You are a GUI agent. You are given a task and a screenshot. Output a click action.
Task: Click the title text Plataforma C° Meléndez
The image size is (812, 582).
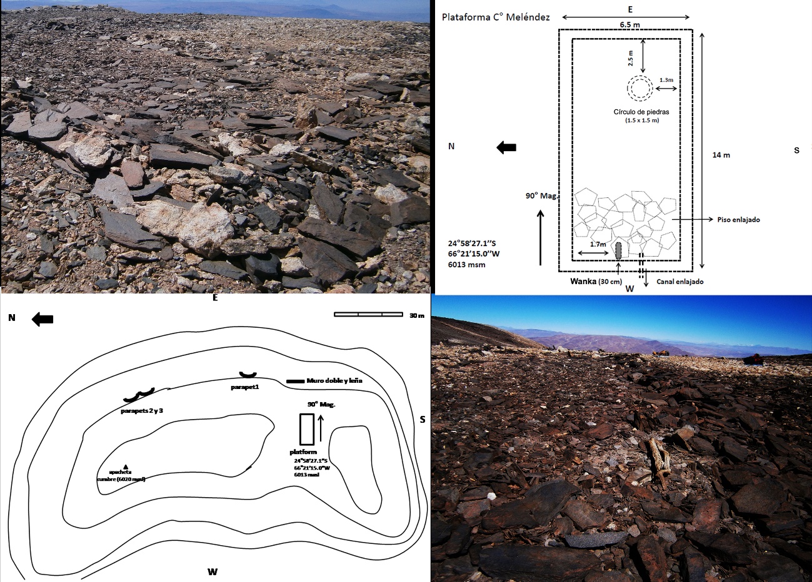pyautogui.click(x=496, y=17)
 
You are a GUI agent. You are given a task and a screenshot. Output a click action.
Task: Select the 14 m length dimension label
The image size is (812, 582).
pyautogui.click(x=721, y=155)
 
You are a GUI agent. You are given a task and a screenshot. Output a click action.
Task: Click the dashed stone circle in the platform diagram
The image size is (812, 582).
pyautogui.click(x=640, y=89)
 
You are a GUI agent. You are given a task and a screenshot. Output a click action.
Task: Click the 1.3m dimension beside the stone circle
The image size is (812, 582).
pyautogui.click(x=666, y=80)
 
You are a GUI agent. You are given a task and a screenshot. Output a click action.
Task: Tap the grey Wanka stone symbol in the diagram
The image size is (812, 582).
pyautogui.click(x=619, y=250)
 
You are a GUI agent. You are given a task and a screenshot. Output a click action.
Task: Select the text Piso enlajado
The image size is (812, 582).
pyautogui.click(x=740, y=220)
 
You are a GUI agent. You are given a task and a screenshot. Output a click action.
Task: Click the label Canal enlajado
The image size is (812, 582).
pyautogui.click(x=680, y=282)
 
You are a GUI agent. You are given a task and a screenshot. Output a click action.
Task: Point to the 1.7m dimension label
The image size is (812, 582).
pyautogui.click(x=598, y=245)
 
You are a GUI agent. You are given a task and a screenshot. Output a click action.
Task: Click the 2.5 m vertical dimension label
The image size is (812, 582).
pyautogui.click(x=631, y=59)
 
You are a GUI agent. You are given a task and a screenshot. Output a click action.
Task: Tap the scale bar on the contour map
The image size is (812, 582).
pyautogui.click(x=368, y=314)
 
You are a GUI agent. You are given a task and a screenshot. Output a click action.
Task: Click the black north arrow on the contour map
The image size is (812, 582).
pyautogui.click(x=43, y=320)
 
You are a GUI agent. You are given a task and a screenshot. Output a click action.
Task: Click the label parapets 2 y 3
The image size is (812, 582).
pyautogui.click(x=142, y=411)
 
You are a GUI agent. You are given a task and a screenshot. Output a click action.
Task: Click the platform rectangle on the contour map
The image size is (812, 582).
pyautogui.click(x=306, y=429)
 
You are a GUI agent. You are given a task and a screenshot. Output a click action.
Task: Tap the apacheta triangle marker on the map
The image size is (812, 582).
pyautogui.click(x=126, y=466)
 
